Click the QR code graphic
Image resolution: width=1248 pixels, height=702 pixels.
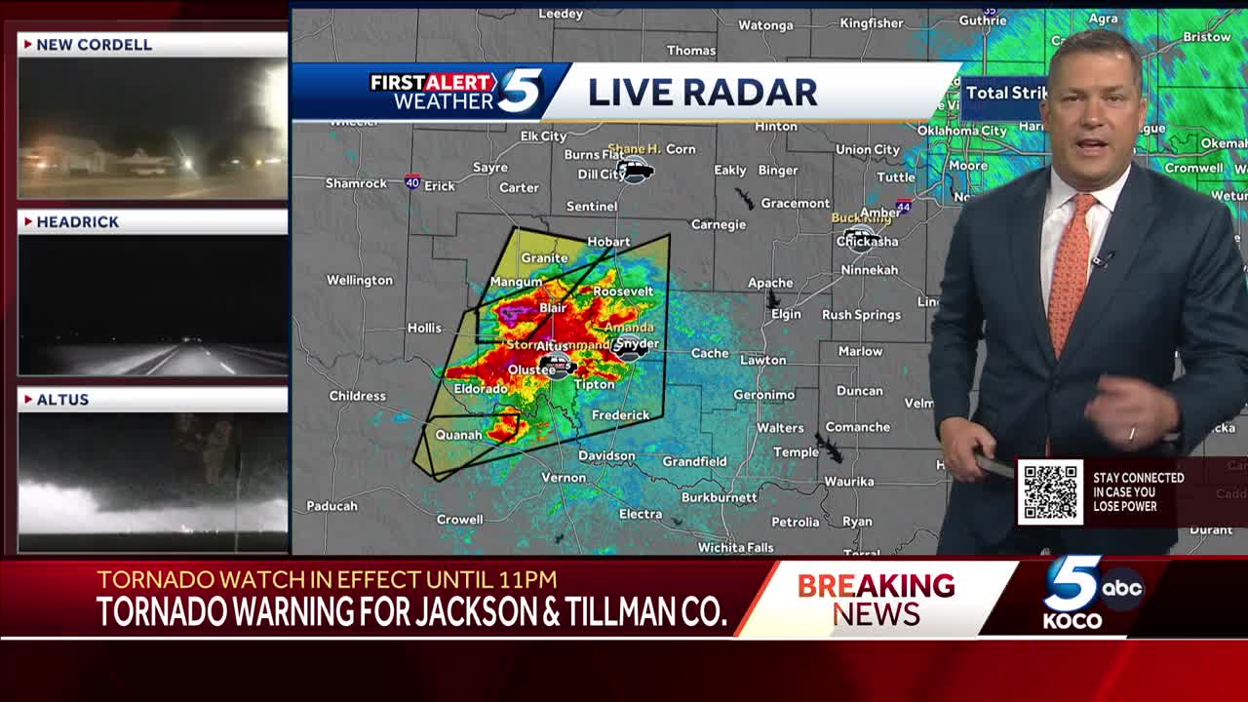tap(1050, 491)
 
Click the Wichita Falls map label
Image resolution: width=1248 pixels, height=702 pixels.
tap(735, 548)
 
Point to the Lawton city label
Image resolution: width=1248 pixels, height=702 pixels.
tap(762, 360)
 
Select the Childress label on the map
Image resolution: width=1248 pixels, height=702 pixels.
tap(357, 396)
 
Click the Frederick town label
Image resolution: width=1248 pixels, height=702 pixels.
tap(620, 415)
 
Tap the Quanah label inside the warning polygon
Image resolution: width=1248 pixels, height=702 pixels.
tap(458, 435)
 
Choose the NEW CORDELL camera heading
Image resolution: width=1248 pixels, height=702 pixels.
tap(95, 45)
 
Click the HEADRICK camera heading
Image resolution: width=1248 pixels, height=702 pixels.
tap(78, 222)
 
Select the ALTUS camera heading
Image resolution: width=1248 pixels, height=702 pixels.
tap(62, 400)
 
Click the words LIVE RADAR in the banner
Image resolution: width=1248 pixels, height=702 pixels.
tap(702, 92)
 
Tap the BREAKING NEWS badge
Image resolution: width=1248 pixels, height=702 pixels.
tap(876, 599)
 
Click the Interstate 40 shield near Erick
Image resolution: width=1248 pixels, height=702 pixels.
tap(412, 181)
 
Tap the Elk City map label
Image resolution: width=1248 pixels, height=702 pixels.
tap(543, 136)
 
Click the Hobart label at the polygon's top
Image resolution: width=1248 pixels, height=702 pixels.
tap(608, 242)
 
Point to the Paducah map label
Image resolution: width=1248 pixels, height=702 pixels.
tap(331, 506)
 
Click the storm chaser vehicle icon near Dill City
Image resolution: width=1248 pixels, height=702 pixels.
tap(635, 172)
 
